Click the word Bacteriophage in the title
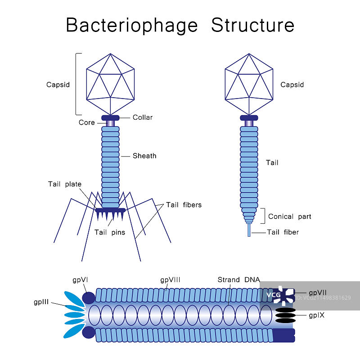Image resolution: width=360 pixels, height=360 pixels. (131, 25)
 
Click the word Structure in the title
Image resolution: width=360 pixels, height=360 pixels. (253, 25)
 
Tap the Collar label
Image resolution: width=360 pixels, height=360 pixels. (143, 117)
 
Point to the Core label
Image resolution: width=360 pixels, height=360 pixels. (87, 122)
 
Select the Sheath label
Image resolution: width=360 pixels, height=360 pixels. (144, 156)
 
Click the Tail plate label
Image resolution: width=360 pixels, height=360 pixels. (65, 184)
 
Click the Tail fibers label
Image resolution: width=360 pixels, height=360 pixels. (184, 205)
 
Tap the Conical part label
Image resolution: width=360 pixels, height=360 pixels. (290, 216)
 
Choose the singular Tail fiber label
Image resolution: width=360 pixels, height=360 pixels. (283, 232)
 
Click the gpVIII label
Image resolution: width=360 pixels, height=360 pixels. (170, 280)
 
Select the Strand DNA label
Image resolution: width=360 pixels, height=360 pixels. (238, 280)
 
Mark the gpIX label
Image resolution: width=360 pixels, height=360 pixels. (317, 315)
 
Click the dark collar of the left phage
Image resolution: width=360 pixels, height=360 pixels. (110, 118)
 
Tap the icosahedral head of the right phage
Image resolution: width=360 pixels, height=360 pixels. (249, 84)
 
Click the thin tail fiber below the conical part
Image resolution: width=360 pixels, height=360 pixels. (249, 230)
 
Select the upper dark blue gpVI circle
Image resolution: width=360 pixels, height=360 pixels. (89, 297)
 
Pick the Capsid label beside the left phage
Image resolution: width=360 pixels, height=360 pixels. (58, 85)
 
